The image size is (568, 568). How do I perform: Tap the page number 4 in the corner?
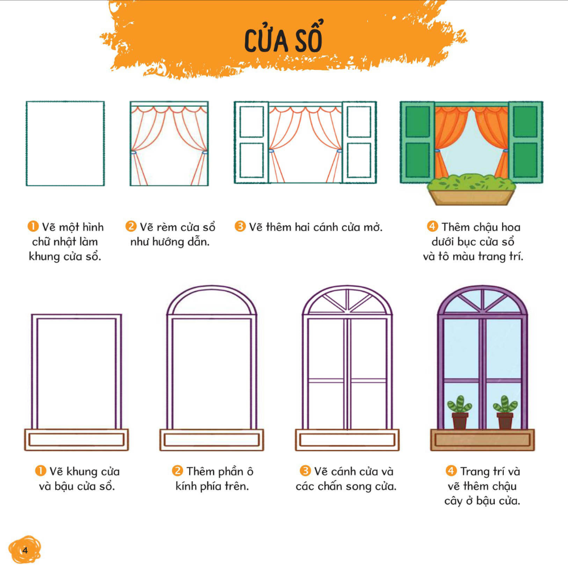[x=25, y=550]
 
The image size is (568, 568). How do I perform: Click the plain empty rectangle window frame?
[x=65, y=144]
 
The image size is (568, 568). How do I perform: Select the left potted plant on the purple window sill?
[x=460, y=412]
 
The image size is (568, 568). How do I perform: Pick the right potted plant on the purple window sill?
[x=505, y=412]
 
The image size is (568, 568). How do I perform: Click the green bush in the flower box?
[x=471, y=182]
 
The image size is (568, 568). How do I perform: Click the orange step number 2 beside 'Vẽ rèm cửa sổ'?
[x=131, y=227]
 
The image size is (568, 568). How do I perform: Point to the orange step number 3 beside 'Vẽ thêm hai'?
[x=240, y=227]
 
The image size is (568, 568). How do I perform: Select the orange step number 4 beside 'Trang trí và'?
[x=451, y=471]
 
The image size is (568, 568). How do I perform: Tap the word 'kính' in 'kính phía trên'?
[x=186, y=486]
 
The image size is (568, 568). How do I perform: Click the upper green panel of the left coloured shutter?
[x=417, y=122]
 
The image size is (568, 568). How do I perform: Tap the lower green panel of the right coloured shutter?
[x=525, y=160]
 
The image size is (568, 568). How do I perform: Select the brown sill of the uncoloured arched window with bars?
[x=347, y=440]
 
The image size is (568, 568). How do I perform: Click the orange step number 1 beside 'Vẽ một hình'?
[x=33, y=227]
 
